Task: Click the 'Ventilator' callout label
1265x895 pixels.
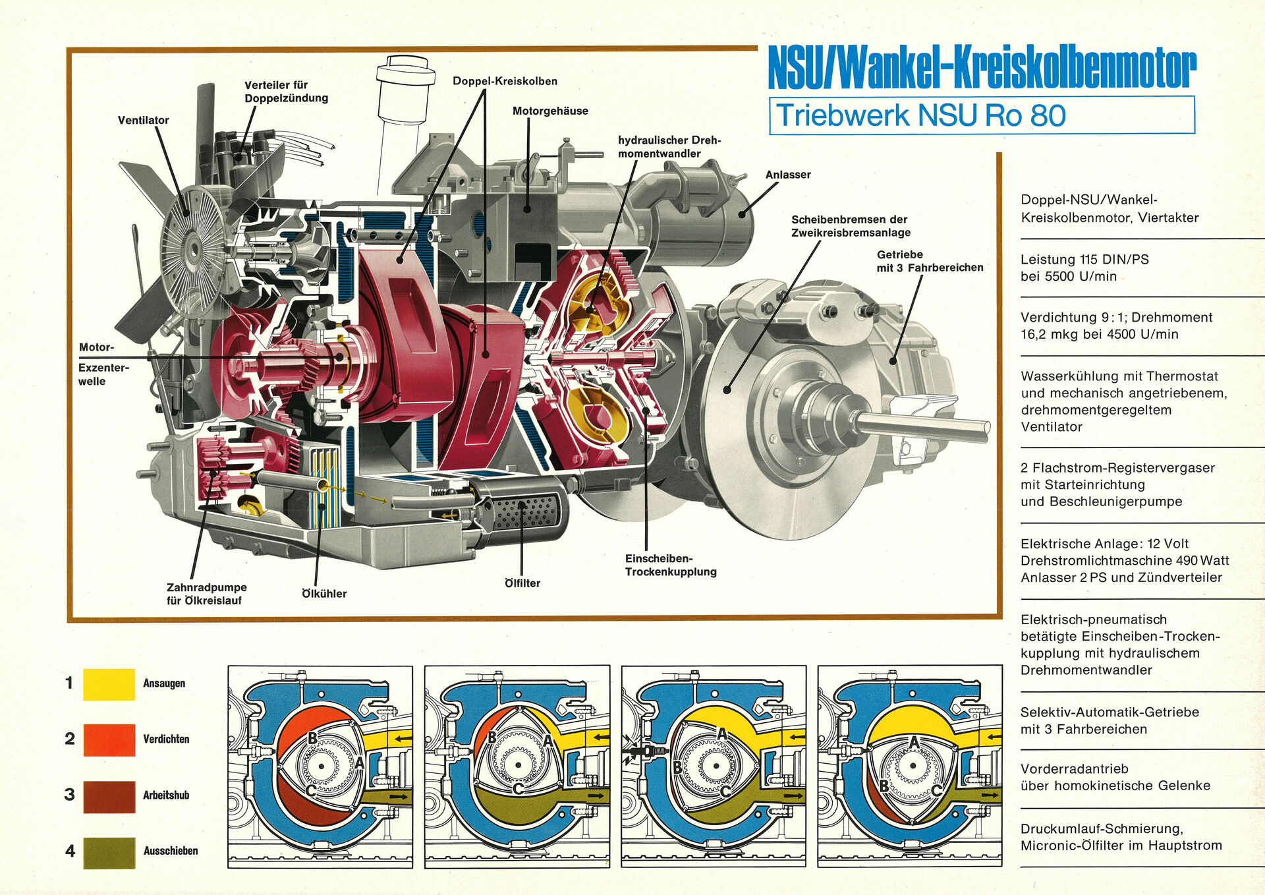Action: [143, 120]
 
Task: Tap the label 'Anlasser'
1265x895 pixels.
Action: [787, 175]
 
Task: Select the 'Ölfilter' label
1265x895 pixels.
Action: [522, 583]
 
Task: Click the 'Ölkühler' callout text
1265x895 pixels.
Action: [323, 594]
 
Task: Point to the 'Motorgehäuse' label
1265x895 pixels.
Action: [550, 111]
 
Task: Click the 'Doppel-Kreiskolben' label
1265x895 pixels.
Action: [505, 81]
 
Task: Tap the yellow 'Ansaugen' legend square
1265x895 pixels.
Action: [109, 684]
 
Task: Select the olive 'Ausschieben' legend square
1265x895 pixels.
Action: [109, 852]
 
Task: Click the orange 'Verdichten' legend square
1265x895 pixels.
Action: [109, 739]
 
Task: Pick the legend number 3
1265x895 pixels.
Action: [70, 795]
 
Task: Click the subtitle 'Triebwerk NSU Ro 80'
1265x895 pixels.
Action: [920, 115]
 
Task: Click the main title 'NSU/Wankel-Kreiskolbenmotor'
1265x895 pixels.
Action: [982, 67]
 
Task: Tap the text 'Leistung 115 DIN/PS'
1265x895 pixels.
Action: [1084, 259]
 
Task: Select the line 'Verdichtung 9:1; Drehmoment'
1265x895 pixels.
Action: [1116, 317]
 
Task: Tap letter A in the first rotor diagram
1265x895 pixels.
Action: [360, 763]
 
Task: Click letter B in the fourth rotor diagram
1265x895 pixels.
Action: [884, 786]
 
